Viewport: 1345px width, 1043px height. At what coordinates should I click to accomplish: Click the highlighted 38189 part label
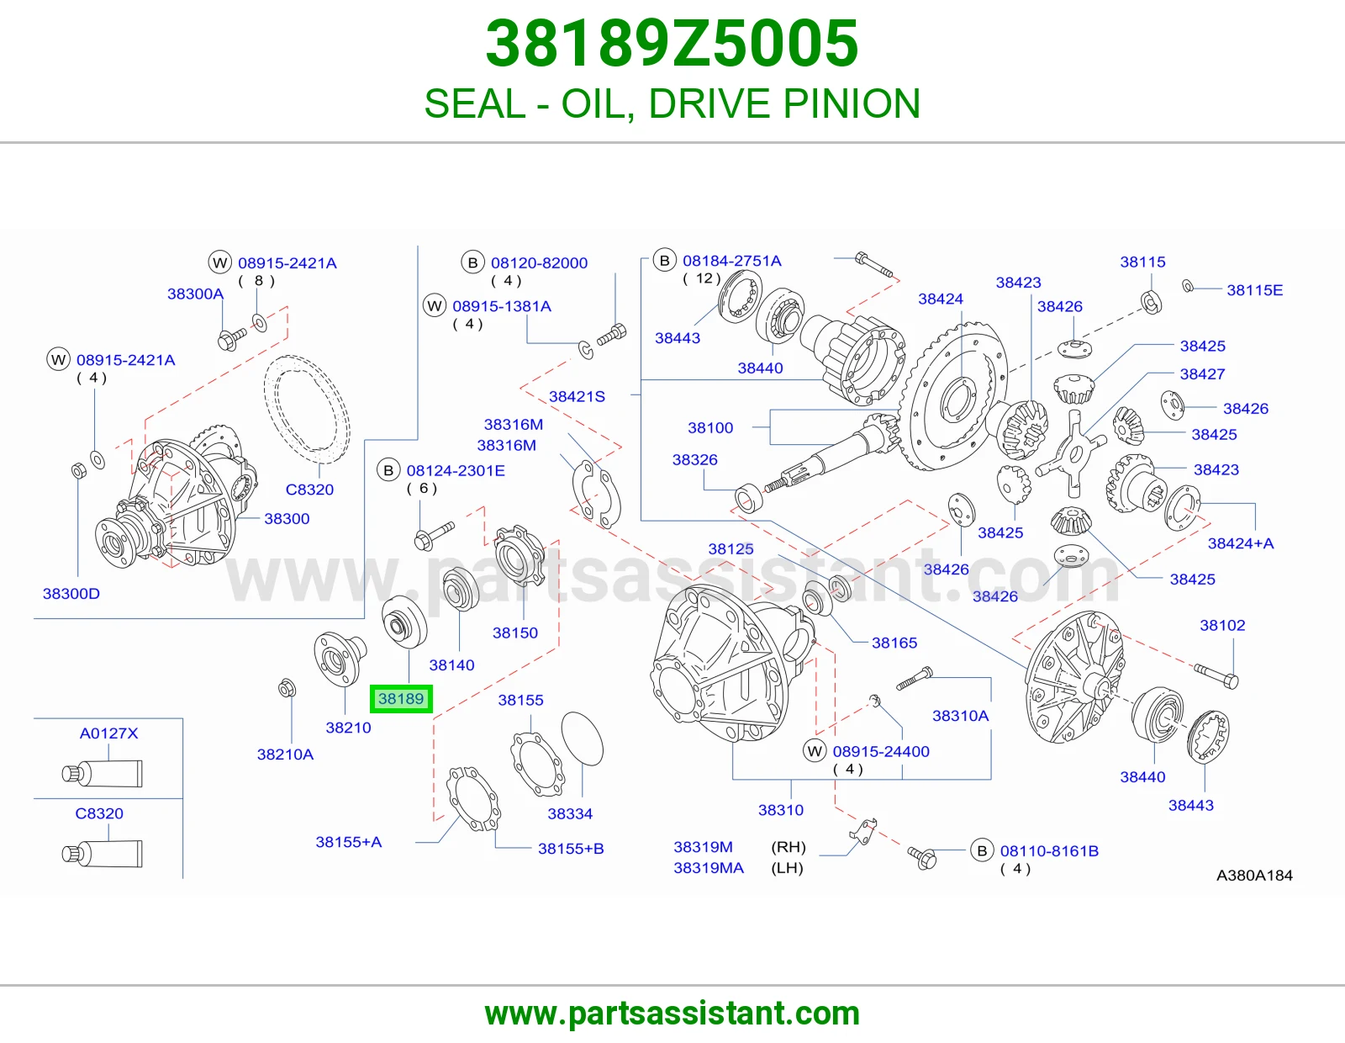[401, 699]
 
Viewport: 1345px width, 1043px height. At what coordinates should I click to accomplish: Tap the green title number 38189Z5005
[672, 44]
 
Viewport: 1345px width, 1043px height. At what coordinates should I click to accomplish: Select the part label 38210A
[285, 754]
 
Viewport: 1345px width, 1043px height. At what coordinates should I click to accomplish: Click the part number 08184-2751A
[731, 261]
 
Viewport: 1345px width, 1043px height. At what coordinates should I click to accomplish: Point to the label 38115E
[1254, 290]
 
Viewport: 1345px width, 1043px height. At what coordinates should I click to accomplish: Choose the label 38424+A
[1241, 543]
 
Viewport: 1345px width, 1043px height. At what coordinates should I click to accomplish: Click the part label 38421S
[577, 396]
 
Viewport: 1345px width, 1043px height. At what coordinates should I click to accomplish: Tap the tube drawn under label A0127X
[102, 774]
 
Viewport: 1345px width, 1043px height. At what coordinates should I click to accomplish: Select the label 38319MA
[709, 868]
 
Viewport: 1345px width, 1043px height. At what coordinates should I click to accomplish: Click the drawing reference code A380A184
[1254, 875]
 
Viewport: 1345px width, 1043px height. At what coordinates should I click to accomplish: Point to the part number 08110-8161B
[1049, 851]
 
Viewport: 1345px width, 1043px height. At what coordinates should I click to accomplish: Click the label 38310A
[961, 716]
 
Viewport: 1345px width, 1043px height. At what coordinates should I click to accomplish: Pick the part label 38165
[894, 643]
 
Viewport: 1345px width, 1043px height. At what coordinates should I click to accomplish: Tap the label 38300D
[71, 593]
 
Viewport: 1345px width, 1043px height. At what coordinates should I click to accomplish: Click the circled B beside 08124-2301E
[388, 471]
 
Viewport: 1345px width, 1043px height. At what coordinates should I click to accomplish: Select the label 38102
[1222, 625]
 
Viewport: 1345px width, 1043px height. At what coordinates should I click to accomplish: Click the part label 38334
[570, 814]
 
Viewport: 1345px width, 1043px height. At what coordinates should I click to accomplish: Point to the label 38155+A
[349, 842]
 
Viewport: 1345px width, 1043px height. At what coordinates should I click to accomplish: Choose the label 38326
[695, 459]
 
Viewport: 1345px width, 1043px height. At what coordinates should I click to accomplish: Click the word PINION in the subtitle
[852, 103]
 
